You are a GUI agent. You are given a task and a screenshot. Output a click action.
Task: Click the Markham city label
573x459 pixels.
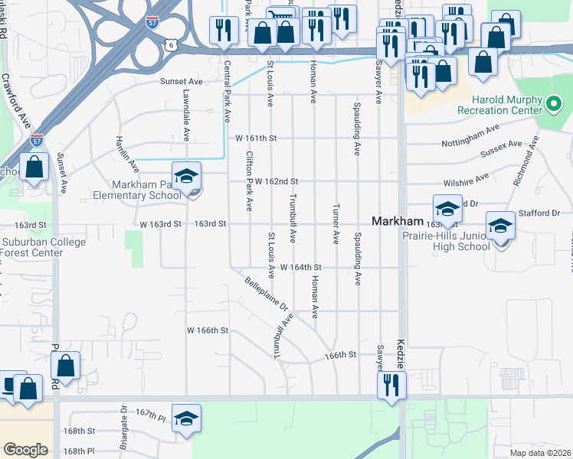coord(397,220)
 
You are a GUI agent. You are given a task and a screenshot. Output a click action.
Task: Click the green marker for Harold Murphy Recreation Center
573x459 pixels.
coord(555,101)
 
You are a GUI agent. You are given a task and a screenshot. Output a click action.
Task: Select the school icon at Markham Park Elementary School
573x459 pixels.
coord(186,177)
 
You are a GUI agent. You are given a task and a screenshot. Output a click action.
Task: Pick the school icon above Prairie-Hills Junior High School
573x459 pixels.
coord(500,226)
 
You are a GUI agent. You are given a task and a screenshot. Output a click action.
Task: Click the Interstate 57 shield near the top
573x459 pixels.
coord(152,21)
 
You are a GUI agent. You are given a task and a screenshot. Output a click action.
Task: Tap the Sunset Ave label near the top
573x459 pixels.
coord(181,80)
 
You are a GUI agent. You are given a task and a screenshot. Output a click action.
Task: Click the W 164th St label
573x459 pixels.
coord(300,267)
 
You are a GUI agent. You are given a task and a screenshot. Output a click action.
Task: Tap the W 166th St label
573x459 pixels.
coord(208,330)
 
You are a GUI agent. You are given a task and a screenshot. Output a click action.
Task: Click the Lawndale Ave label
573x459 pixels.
coord(186,115)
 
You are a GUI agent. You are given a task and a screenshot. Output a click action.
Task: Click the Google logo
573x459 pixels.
coord(25,449)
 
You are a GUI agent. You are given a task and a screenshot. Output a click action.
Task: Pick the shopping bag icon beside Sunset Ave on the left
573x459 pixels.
coord(34,168)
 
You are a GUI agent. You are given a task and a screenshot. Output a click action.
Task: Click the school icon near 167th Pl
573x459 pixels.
coord(186,420)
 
